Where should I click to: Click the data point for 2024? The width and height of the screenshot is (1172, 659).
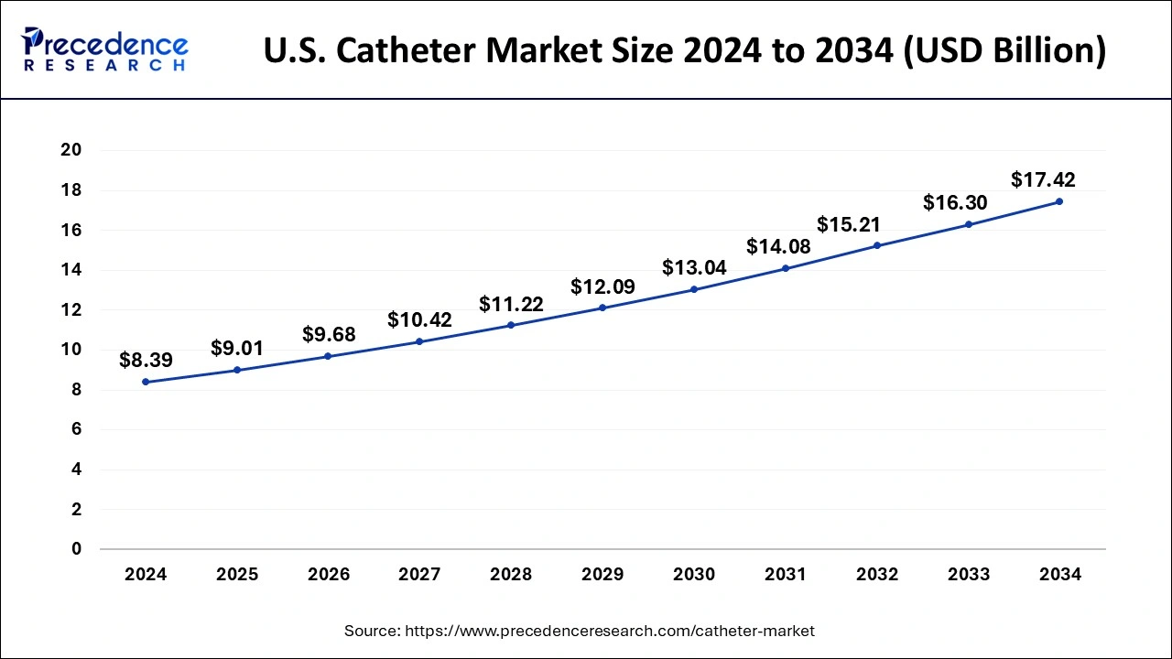pyautogui.click(x=146, y=382)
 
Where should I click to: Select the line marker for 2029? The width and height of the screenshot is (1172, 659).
pyautogui.click(x=602, y=308)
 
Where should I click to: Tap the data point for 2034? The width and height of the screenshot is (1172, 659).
pyautogui.click(x=1059, y=201)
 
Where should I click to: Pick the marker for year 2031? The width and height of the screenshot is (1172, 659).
pyautogui.click(x=786, y=268)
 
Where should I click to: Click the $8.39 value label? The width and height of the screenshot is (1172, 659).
pyautogui.click(x=146, y=360)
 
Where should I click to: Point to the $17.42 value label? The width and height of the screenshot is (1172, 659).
pyautogui.click(x=1043, y=179)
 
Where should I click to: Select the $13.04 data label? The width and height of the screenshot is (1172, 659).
pyautogui.click(x=694, y=267)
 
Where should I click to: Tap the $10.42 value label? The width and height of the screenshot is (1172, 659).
pyautogui.click(x=419, y=319)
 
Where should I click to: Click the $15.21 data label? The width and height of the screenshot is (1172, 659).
pyautogui.click(x=849, y=224)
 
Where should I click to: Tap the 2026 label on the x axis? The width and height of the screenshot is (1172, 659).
pyautogui.click(x=329, y=575)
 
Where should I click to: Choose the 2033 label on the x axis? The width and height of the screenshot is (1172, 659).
pyautogui.click(x=969, y=575)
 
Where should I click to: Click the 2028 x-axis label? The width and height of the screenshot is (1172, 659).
pyautogui.click(x=511, y=575)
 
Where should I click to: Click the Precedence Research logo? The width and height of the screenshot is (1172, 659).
pyautogui.click(x=106, y=49)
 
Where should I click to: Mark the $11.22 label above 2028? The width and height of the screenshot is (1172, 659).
pyautogui.click(x=511, y=304)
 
